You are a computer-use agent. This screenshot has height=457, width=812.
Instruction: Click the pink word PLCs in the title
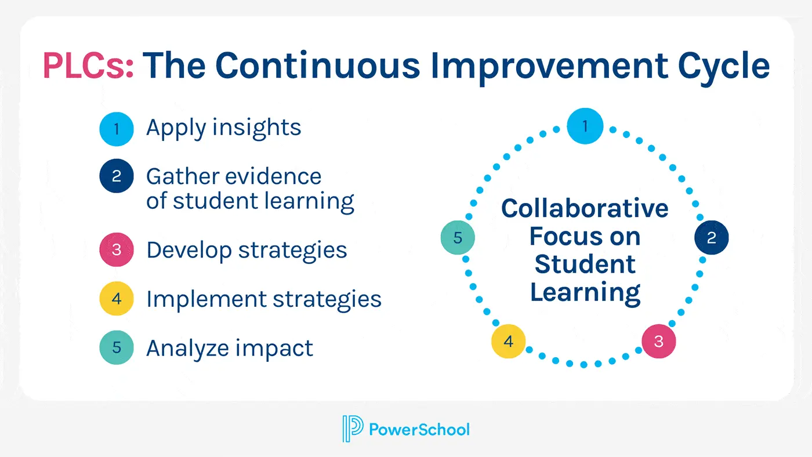[x=88, y=66]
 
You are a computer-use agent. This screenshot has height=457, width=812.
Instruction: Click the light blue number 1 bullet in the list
[x=117, y=129]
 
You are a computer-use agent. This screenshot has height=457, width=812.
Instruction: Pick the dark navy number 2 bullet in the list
[x=117, y=176]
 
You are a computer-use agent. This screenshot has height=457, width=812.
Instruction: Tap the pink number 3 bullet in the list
[x=117, y=250]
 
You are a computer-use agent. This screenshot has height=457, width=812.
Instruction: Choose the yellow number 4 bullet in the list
[x=117, y=299]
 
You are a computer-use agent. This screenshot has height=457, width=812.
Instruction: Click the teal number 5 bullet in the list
[x=117, y=347]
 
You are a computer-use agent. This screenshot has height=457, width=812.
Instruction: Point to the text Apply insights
[x=224, y=129]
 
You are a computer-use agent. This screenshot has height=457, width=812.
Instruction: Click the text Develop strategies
[x=246, y=251]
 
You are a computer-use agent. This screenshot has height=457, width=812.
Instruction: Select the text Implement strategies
[x=264, y=300]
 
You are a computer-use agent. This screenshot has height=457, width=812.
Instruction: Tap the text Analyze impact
[x=230, y=349]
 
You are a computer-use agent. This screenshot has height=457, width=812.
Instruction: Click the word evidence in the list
[x=273, y=176]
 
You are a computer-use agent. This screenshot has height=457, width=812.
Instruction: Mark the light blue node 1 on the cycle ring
[x=585, y=126]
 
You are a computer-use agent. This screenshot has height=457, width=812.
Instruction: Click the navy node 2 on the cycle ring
[x=712, y=237]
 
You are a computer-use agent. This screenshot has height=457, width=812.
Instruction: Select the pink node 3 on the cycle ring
[x=659, y=342]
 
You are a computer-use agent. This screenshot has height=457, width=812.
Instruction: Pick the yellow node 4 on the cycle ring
[x=508, y=342]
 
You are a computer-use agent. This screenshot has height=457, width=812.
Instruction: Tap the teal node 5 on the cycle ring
[x=458, y=237]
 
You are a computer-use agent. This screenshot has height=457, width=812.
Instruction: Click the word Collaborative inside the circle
[x=585, y=208]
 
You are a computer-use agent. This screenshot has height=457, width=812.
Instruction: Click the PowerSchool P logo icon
[x=353, y=429]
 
